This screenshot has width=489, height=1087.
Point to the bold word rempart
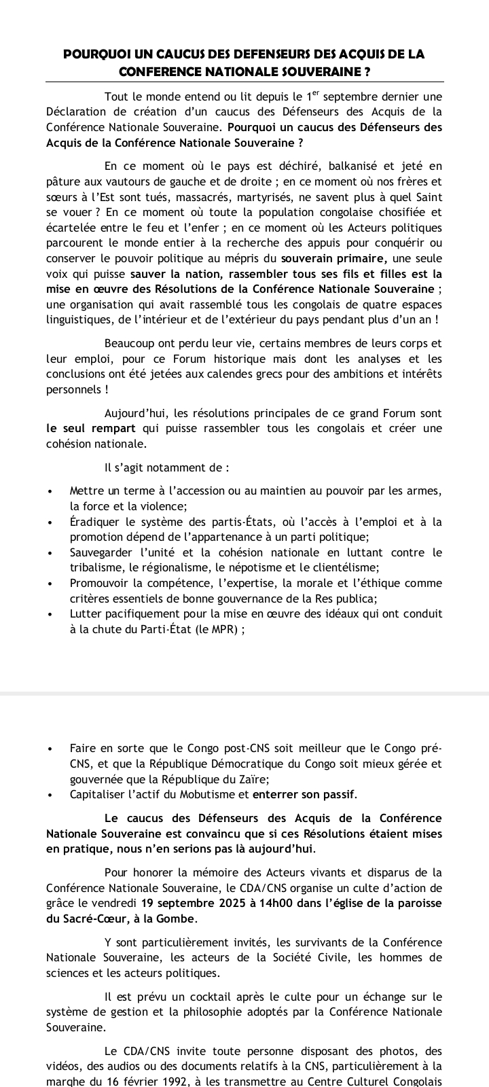(113, 428)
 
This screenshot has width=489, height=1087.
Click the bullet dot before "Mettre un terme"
(50, 491)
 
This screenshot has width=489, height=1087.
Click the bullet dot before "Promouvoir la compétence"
(50, 584)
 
